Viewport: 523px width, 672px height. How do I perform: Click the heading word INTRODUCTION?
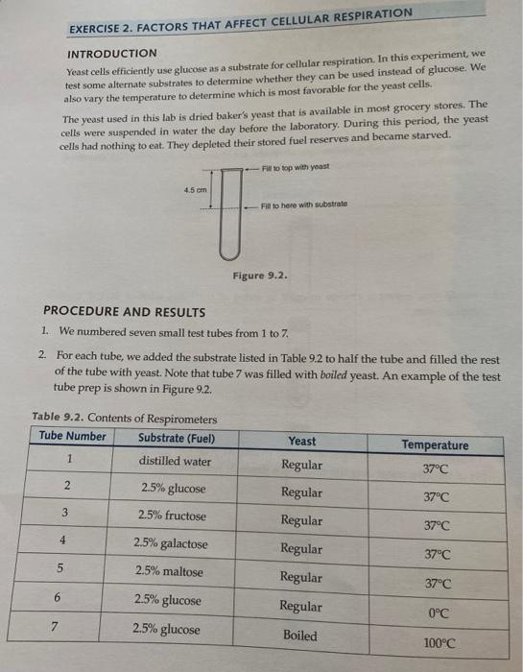pos(111,53)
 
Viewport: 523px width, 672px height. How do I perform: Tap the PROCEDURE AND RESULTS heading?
pos(125,311)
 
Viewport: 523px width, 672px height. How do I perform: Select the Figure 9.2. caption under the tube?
pos(260,277)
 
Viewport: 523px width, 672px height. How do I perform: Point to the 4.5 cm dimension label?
pos(196,189)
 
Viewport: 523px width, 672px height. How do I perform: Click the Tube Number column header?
pos(72,436)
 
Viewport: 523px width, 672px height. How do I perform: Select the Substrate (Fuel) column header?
pos(176,439)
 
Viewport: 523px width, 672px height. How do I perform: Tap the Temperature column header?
pos(435,444)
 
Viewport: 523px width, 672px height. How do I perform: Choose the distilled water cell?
pos(174,461)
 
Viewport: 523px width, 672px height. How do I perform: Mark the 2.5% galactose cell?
pos(170,543)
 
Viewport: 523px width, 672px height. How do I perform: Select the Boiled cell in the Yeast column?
pos(299,635)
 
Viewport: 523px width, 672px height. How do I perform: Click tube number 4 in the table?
pos(61,540)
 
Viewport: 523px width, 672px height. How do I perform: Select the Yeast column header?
pos(301,442)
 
